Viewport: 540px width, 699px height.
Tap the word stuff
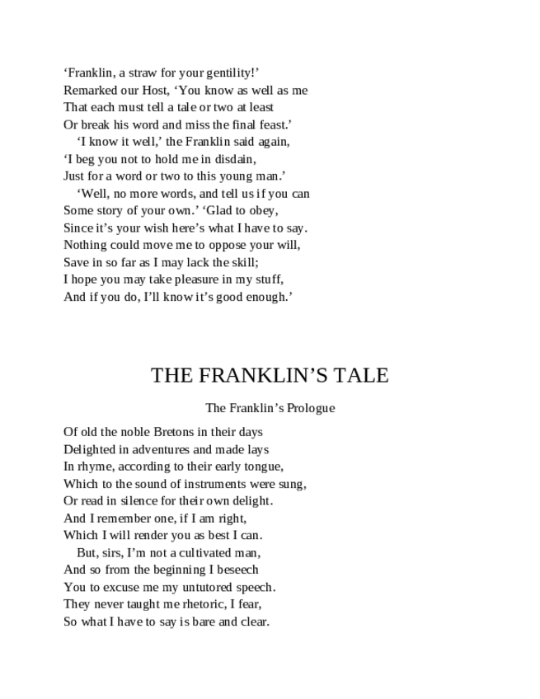pos(268,280)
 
